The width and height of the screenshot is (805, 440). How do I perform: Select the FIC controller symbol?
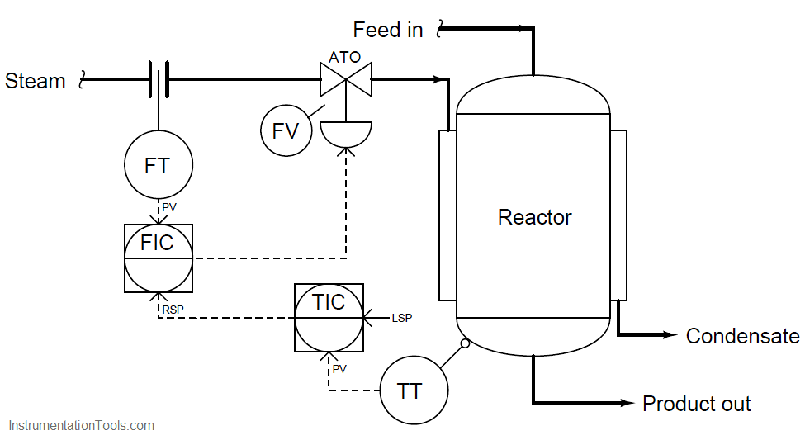pos(159,258)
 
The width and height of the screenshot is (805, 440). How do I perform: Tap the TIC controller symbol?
pos(329,318)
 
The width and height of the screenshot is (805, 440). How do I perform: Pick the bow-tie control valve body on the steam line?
pos(346,79)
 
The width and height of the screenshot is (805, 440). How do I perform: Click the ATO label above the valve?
pos(344,57)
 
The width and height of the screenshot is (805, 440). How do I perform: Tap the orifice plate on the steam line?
pos(159,79)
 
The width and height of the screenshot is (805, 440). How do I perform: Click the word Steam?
pos(36,81)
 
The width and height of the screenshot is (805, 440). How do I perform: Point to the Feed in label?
pos(388,30)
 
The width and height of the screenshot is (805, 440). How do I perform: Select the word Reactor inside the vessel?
pos(534,217)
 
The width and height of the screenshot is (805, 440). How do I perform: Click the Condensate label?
pos(742,336)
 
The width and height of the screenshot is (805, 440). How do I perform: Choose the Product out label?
pos(697,404)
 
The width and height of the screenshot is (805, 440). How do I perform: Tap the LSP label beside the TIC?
pos(402,319)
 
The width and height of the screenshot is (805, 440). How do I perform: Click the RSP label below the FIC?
pos(173,310)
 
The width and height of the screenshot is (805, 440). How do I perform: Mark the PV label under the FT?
pos(169,207)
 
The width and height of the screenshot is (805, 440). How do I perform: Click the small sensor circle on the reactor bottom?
pos(465,343)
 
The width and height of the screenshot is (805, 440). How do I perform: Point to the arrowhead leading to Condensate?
pos(670,335)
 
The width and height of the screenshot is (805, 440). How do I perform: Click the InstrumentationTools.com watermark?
pos(82,426)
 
